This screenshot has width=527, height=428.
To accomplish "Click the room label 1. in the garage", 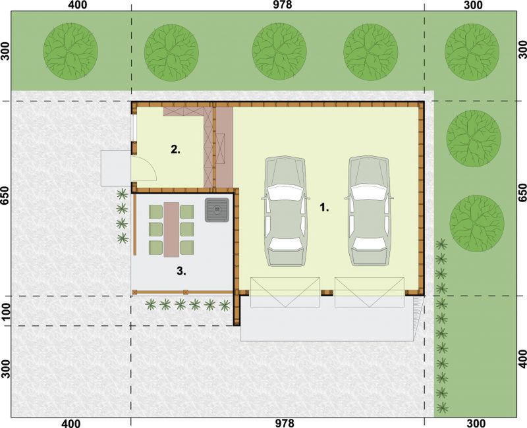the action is [x=324, y=207].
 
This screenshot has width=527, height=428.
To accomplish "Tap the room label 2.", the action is [x=175, y=149].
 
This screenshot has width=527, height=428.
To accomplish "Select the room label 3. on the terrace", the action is [x=181, y=271].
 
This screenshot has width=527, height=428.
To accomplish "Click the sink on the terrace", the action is [x=217, y=210].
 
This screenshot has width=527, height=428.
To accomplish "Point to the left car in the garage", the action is [x=285, y=211].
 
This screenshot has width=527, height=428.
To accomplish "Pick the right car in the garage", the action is [x=370, y=211].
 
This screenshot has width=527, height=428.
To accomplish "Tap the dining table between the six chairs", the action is [x=171, y=229].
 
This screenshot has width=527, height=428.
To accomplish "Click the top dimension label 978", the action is [x=283, y=5].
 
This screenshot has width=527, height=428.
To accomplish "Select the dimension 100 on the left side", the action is [x=6, y=311].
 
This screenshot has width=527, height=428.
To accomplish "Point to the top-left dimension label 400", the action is [x=77, y=5].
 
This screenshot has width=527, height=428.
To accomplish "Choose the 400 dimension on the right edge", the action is [x=522, y=358].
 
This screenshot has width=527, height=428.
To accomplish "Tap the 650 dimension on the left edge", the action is [x=5, y=195].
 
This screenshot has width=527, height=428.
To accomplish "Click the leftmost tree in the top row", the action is [x=70, y=51].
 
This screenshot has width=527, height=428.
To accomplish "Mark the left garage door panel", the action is [x=285, y=292].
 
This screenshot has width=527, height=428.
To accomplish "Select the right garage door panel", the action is [x=369, y=292].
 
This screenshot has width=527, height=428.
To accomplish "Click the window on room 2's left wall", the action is [x=134, y=128].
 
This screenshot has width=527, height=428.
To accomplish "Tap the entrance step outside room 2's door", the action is [x=116, y=169].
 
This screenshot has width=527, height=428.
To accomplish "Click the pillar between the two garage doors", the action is [x=327, y=292].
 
